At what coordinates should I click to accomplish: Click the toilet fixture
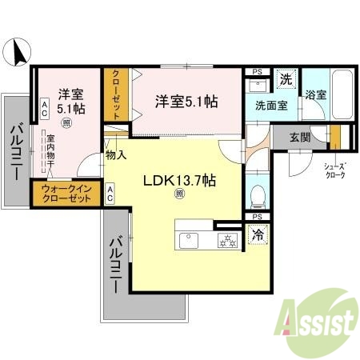click(258, 194)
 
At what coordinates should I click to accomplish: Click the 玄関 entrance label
click(299, 136)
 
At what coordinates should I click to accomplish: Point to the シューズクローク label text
click(334, 170)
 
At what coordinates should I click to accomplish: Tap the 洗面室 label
click(273, 105)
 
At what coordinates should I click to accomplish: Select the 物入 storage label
click(116, 154)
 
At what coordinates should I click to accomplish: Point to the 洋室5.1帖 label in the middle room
click(186, 102)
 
